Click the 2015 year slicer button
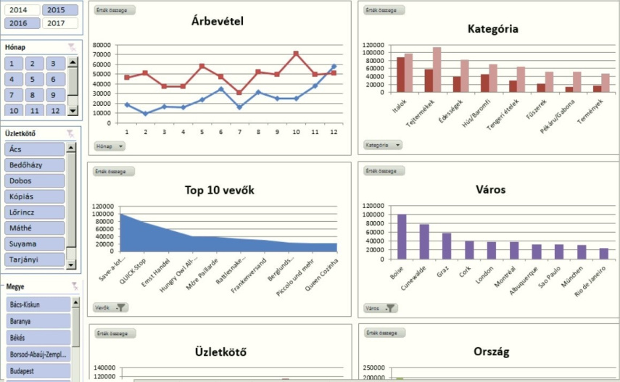(x=61, y=10)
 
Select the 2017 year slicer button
(x=61, y=23)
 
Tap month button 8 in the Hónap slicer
(x=34, y=95)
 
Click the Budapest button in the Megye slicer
(x=38, y=370)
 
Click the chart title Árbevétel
(x=218, y=22)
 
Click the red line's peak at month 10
(x=296, y=54)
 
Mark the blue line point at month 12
(x=334, y=66)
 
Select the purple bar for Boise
(x=402, y=233)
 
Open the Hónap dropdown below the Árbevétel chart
(x=110, y=146)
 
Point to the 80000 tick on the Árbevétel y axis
(x=102, y=44)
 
